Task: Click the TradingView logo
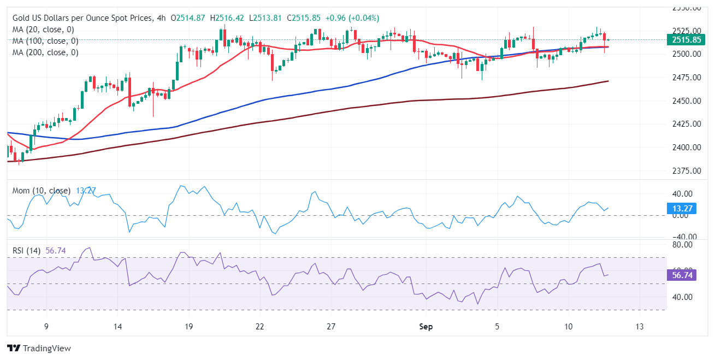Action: (39, 348)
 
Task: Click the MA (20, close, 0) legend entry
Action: (43, 29)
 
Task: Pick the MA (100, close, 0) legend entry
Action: (45, 41)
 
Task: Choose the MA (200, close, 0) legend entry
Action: (45, 52)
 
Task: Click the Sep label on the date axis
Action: (426, 327)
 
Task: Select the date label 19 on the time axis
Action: (188, 327)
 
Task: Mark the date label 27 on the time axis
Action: (331, 327)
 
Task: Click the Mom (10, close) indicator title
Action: (42, 191)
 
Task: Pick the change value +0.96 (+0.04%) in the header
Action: (352, 18)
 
